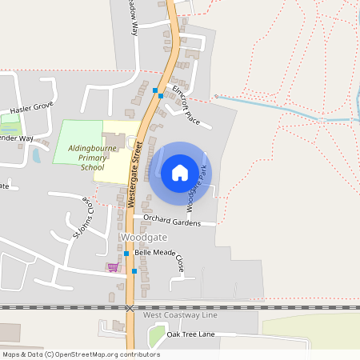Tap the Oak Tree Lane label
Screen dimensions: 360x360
(x=191, y=334)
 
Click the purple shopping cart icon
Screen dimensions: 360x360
(x=113, y=266)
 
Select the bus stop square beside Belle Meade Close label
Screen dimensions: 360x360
(x=126, y=253)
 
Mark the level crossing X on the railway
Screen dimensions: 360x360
(x=130, y=307)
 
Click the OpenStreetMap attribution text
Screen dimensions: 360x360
(x=80, y=354)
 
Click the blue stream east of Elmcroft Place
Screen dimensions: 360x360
(x=288, y=111)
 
